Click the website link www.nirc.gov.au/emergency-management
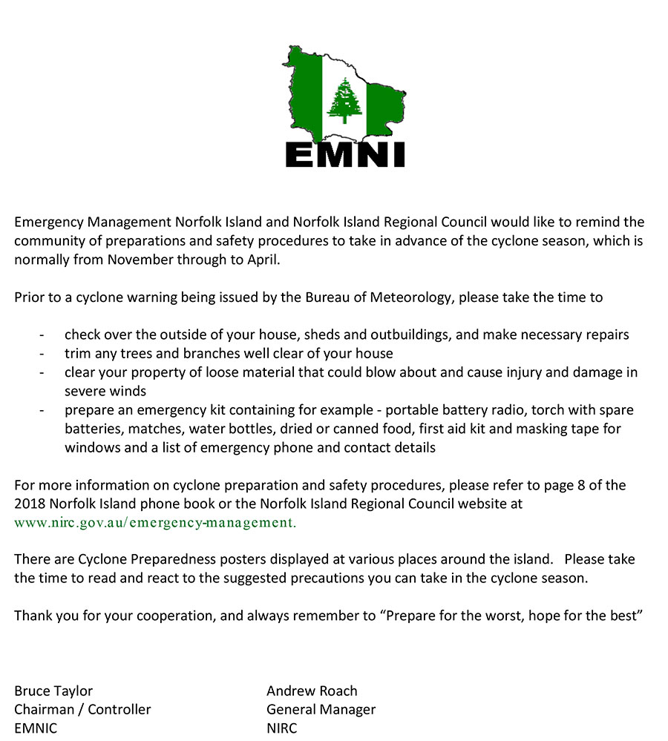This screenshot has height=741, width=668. pos(155,522)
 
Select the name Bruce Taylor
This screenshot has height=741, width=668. pos(53,691)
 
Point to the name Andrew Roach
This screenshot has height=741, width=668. pos(312,691)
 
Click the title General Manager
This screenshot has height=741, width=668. pos(321,709)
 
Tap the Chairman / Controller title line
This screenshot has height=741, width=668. pos(82,709)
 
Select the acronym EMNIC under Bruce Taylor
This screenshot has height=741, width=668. pos(36,728)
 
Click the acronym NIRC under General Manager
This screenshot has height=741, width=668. pos(282,728)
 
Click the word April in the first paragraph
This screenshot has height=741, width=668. pos(263,260)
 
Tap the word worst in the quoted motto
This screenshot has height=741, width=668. pos(494,616)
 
